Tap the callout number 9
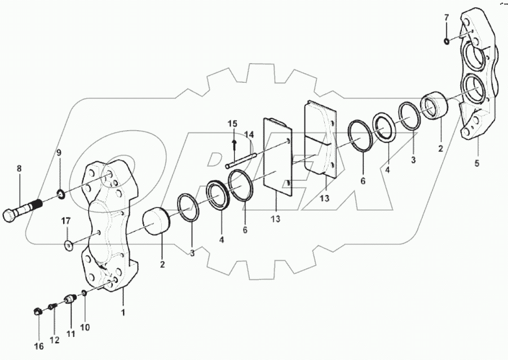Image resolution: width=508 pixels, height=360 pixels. pyautogui.click(x=58, y=153)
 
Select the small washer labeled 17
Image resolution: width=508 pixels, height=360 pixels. pyautogui.click(x=68, y=245)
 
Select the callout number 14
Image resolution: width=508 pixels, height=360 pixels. pyautogui.click(x=249, y=135)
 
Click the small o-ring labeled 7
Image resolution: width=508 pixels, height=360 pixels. pyautogui.click(x=446, y=41)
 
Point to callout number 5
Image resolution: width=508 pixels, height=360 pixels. pyautogui.click(x=476, y=164)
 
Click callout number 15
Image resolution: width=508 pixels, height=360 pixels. pyautogui.click(x=233, y=124)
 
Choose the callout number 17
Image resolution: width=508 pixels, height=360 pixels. pyautogui.click(x=65, y=220)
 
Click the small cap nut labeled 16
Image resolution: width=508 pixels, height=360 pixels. pyautogui.click(x=37, y=310)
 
